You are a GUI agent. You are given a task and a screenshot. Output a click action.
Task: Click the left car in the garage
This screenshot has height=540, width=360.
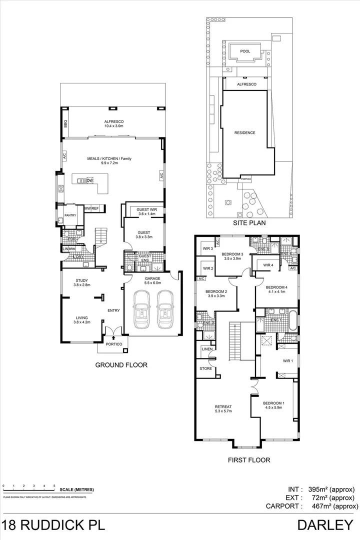click(x=141, y=310)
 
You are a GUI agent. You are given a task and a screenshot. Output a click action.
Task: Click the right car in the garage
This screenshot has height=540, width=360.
click(x=164, y=310)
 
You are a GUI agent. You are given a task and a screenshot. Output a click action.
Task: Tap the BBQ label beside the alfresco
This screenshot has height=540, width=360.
click(x=65, y=125)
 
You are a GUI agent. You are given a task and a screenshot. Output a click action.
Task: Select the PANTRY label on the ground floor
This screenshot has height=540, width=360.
click(x=69, y=215)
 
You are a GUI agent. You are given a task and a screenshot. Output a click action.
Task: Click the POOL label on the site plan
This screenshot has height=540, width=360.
click(x=245, y=51)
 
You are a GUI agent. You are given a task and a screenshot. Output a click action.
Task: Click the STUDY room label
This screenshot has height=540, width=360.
click(x=82, y=280)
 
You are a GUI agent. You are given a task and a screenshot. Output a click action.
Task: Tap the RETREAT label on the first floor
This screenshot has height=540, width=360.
click(x=223, y=406)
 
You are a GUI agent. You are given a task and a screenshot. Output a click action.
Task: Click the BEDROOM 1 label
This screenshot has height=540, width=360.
click(x=274, y=403)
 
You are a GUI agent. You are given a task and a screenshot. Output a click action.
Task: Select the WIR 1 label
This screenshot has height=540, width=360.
click(x=287, y=360)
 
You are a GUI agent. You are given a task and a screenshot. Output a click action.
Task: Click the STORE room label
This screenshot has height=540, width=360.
click(x=206, y=369)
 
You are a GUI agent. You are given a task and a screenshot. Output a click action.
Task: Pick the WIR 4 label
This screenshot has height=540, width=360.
click(x=267, y=265)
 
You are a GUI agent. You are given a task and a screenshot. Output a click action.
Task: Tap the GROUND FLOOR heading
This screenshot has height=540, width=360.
click(x=121, y=365)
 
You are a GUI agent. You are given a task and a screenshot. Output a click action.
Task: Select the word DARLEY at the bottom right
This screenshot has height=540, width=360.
click(x=325, y=525)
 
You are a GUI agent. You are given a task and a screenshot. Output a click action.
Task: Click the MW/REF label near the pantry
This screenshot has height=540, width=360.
click(x=91, y=208)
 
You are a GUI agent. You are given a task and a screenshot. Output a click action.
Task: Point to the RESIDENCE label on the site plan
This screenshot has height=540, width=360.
click(x=245, y=132)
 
